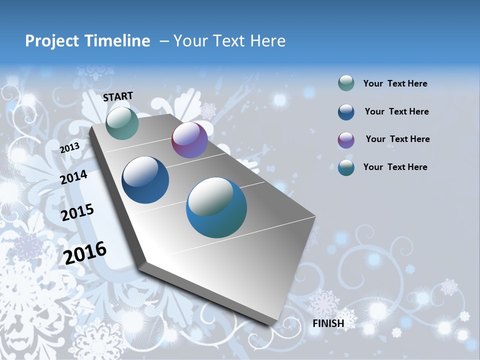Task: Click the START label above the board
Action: [118, 96]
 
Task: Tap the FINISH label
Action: [328, 323]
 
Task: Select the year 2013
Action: [69, 148]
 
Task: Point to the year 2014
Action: [74, 177]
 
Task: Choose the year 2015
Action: [77, 212]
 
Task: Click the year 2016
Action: [85, 253]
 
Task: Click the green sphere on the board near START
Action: [122, 123]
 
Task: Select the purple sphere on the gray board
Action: [189, 140]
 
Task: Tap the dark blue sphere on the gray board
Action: [145, 180]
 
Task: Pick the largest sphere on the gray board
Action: [216, 207]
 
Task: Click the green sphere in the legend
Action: [346, 83]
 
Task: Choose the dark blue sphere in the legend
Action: [346, 111]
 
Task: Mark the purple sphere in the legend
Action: [346, 139]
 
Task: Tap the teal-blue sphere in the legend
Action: [346, 167]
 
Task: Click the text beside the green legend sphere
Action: [395, 83]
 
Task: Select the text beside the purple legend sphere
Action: [397, 139]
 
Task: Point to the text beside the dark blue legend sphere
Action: [396, 111]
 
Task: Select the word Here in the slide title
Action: [267, 41]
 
